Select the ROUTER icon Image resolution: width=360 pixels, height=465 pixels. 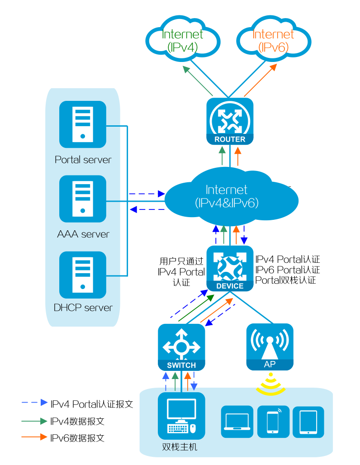point(230,121)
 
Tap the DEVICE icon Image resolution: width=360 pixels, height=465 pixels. point(230,268)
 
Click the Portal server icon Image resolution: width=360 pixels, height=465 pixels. point(83,124)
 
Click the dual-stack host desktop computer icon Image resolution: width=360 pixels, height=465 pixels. point(181,416)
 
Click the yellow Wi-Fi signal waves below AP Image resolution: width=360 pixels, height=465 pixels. point(270,384)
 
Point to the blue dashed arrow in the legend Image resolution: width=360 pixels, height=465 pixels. point(34,402)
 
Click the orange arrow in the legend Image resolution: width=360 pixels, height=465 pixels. point(34,437)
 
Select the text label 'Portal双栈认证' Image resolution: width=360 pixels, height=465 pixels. point(285,280)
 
